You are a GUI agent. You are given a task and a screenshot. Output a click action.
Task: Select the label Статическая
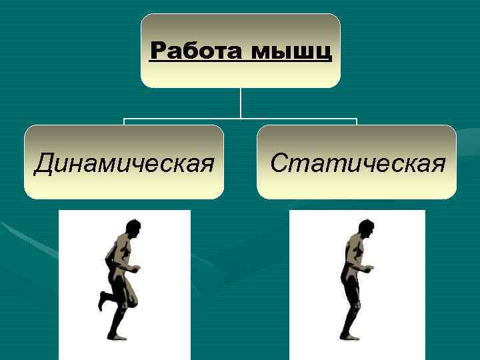(x=357, y=162)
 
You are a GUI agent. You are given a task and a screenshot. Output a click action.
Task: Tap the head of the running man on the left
(x=133, y=228)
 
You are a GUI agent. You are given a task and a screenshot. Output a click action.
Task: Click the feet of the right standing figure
(x=351, y=336)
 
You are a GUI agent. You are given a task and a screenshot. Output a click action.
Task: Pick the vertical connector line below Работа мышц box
(x=241, y=103)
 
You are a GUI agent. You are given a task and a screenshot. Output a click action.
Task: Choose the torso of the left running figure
(x=120, y=253)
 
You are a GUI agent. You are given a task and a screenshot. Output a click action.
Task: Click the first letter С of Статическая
(x=279, y=162)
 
